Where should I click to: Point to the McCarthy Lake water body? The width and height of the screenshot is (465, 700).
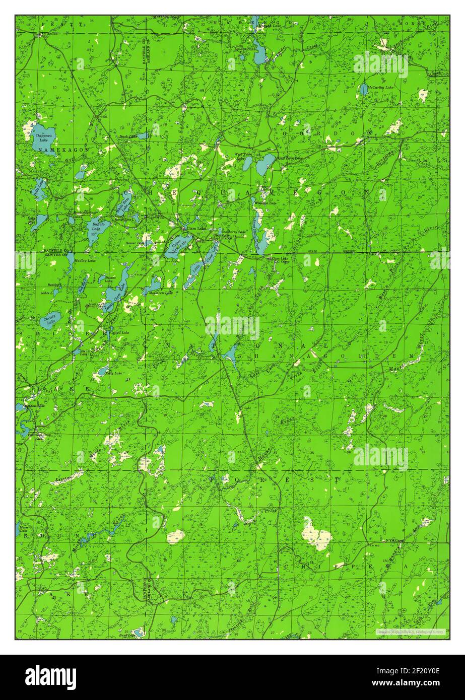click(x=363, y=90)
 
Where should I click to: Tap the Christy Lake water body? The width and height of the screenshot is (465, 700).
click(x=50, y=320)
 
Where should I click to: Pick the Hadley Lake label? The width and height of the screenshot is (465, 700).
click(x=85, y=260)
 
